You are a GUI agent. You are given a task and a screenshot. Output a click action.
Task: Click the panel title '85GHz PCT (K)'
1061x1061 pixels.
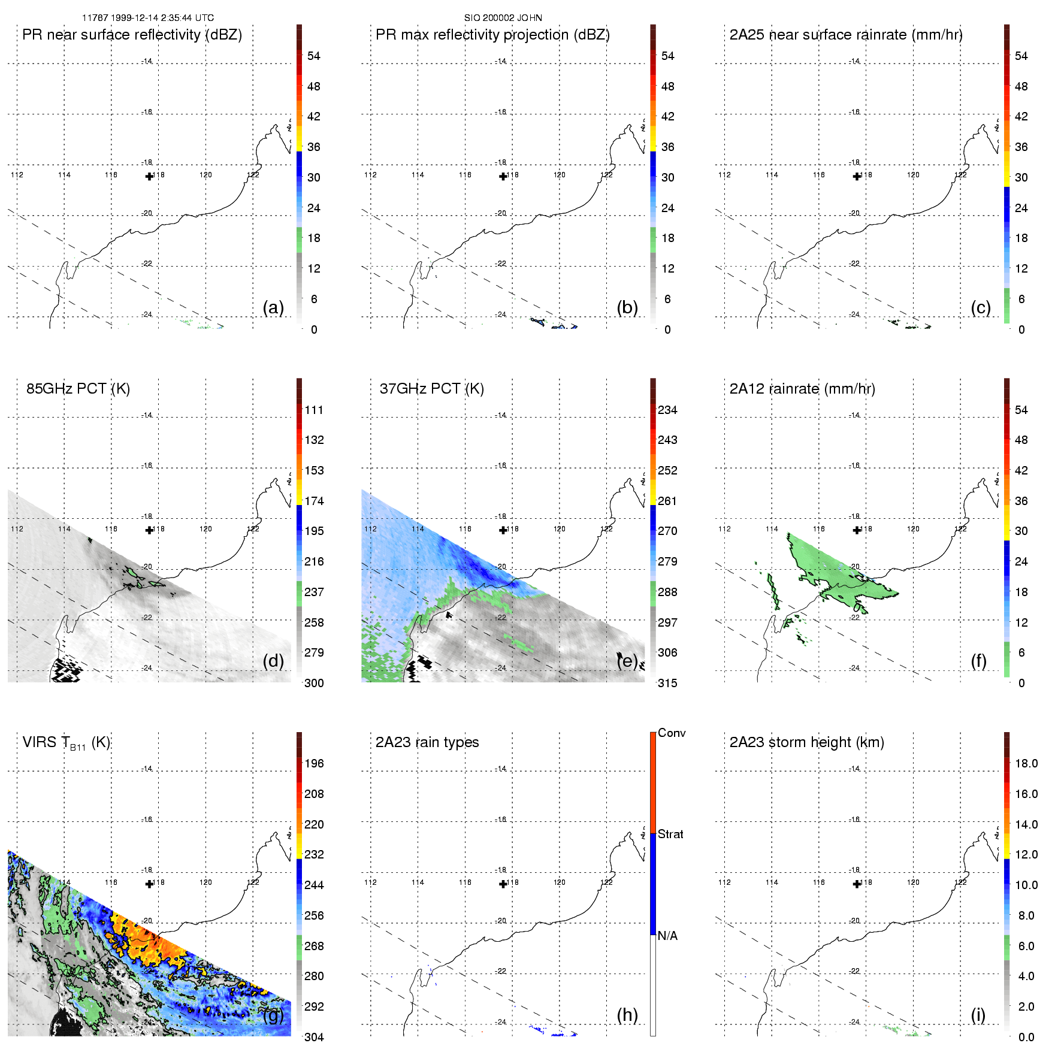pos(78,389)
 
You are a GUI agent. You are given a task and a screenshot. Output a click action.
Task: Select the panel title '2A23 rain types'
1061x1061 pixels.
pos(427,742)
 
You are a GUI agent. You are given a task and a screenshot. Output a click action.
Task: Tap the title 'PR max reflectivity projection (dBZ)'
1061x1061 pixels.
pos(492,35)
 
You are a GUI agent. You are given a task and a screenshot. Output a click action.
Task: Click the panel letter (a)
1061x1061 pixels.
pos(273,307)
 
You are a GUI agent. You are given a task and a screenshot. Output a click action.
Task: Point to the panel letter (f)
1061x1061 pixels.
pos(978,661)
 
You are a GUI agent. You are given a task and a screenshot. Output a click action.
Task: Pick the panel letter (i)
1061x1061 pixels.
pos(978,1015)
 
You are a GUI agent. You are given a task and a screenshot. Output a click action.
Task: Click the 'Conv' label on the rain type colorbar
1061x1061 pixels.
pos(671,733)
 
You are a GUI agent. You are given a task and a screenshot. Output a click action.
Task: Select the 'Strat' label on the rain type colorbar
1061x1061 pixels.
pos(670,834)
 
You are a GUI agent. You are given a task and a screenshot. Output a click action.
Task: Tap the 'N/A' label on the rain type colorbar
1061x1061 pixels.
pos(667,936)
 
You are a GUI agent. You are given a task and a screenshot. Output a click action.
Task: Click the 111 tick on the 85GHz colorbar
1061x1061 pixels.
pos(314,410)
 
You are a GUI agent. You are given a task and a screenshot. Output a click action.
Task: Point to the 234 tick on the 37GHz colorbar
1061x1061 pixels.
pos(667,410)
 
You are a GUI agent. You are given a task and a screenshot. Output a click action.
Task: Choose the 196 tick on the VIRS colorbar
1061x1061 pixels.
pos(314,763)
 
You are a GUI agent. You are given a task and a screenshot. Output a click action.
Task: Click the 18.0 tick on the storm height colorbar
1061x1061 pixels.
pos(1026,763)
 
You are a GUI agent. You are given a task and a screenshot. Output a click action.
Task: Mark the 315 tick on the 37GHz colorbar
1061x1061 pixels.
pos(667,683)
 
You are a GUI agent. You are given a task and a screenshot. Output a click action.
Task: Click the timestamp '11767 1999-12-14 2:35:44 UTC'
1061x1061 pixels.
pos(147,18)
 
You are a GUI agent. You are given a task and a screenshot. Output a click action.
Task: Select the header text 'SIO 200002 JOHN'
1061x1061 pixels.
pos(503,18)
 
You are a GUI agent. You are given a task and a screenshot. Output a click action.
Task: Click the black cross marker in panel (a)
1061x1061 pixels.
pos(149,176)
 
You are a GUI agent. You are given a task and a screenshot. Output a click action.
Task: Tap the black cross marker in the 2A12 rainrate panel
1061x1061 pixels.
pos(857,530)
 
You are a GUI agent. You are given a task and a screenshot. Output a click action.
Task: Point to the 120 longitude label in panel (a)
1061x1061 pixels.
pos(205,175)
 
